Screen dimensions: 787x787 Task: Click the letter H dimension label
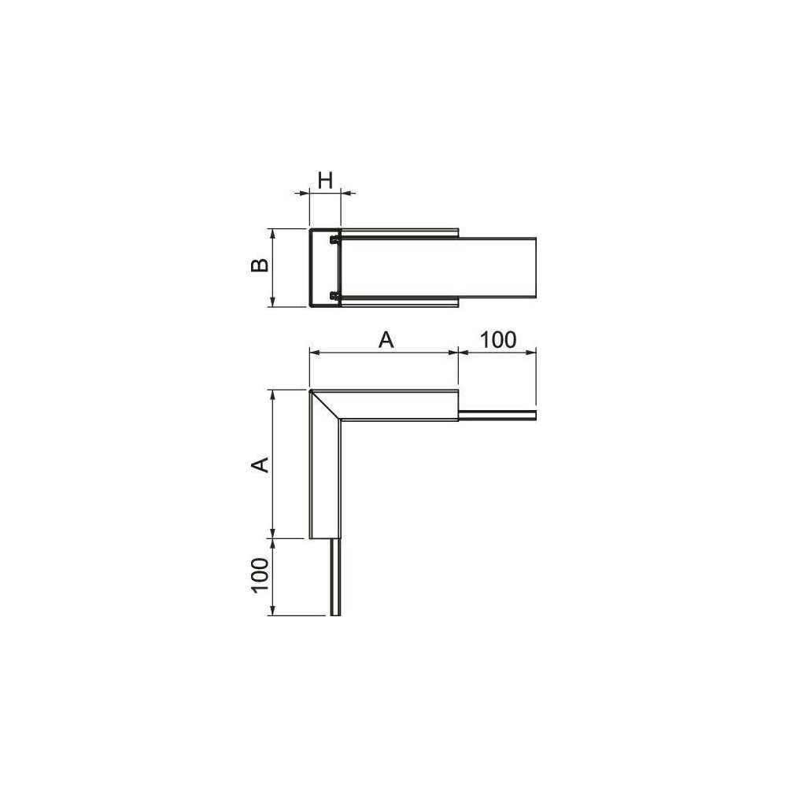[x=325, y=180]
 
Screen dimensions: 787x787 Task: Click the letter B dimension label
[x=260, y=265]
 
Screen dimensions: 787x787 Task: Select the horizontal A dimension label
[x=386, y=340]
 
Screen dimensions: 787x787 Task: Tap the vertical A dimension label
[x=260, y=465]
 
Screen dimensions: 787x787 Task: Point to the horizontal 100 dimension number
[x=498, y=340]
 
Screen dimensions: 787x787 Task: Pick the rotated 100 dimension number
[x=260, y=575]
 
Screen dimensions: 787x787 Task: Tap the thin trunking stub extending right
[x=497, y=415]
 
